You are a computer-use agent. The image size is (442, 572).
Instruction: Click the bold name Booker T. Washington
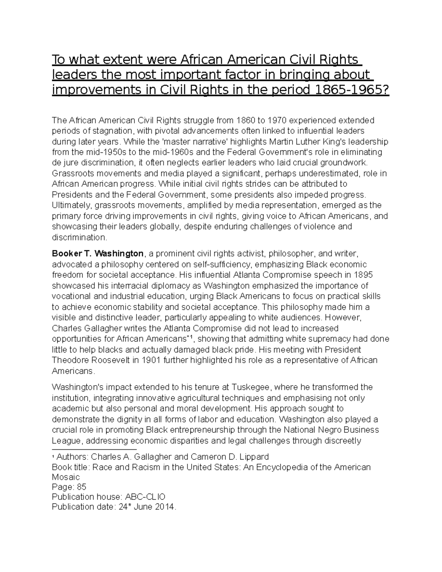point(98,253)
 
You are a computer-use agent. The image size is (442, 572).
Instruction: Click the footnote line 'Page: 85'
point(69,487)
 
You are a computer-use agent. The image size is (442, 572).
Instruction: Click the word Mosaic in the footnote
point(66,477)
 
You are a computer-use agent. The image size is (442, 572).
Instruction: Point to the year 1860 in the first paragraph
point(245,120)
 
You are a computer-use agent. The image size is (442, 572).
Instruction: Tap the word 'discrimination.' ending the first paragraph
point(79,237)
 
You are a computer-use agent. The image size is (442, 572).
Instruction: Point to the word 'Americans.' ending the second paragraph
point(73,371)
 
